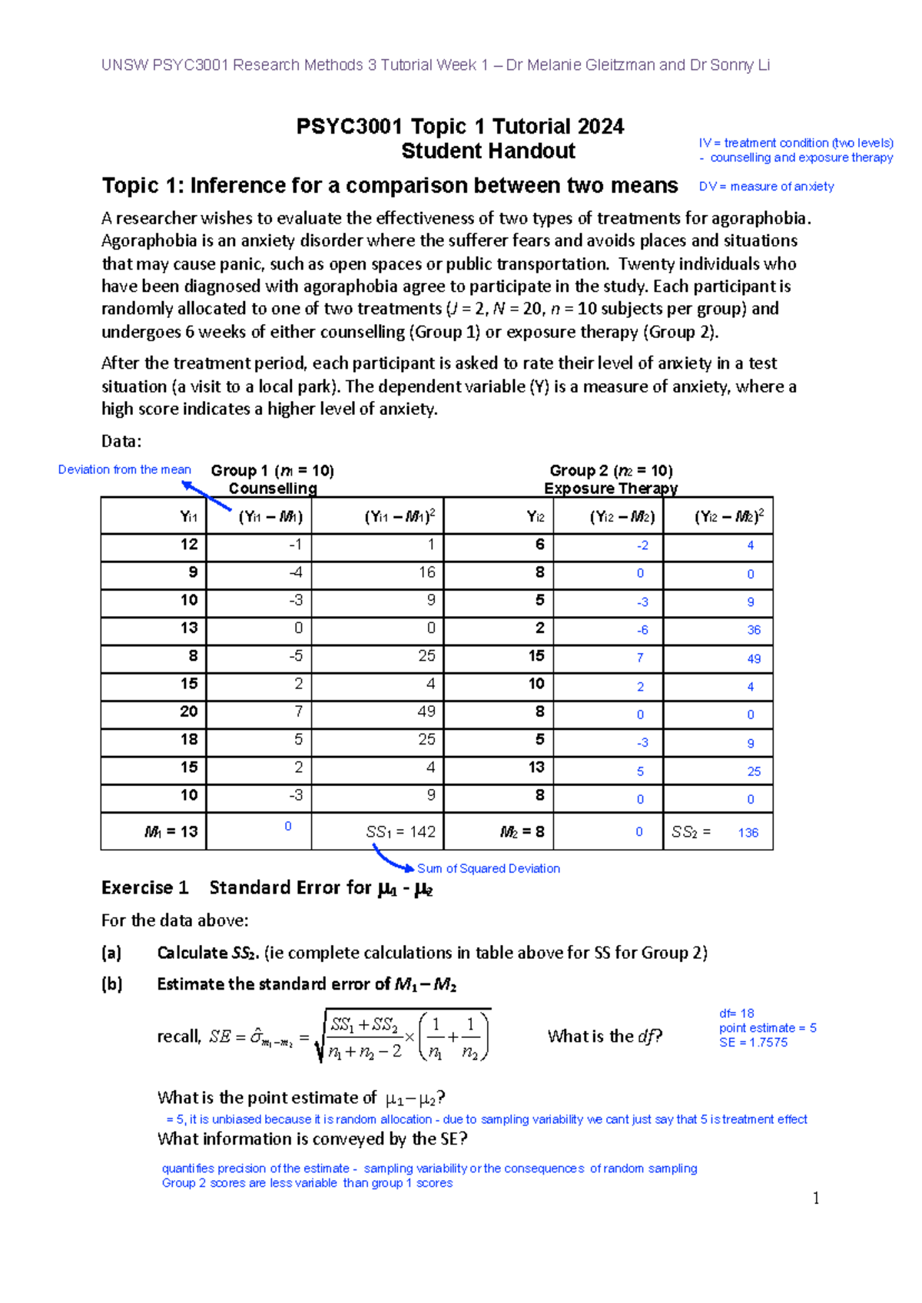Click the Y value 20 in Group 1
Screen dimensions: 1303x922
(188, 711)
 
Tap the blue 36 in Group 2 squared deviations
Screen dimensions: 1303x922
(754, 630)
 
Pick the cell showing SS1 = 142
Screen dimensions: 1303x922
(400, 832)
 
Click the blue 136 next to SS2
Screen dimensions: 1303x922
(748, 833)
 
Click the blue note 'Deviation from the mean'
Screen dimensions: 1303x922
(124, 469)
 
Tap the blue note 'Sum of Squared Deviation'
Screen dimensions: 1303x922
(488, 868)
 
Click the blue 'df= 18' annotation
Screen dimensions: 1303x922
(736, 1013)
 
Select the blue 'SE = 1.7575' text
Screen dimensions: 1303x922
(753, 1043)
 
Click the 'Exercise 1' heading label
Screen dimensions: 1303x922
(144, 888)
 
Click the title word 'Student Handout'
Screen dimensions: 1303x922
(488, 151)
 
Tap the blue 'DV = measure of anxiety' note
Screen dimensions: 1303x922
(766, 187)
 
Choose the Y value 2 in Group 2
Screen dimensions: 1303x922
(539, 628)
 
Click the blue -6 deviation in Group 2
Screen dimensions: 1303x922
(642, 630)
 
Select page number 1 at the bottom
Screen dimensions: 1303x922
(815, 1199)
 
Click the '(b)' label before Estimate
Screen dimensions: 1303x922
(111, 984)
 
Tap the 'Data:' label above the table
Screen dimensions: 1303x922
(121, 441)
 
